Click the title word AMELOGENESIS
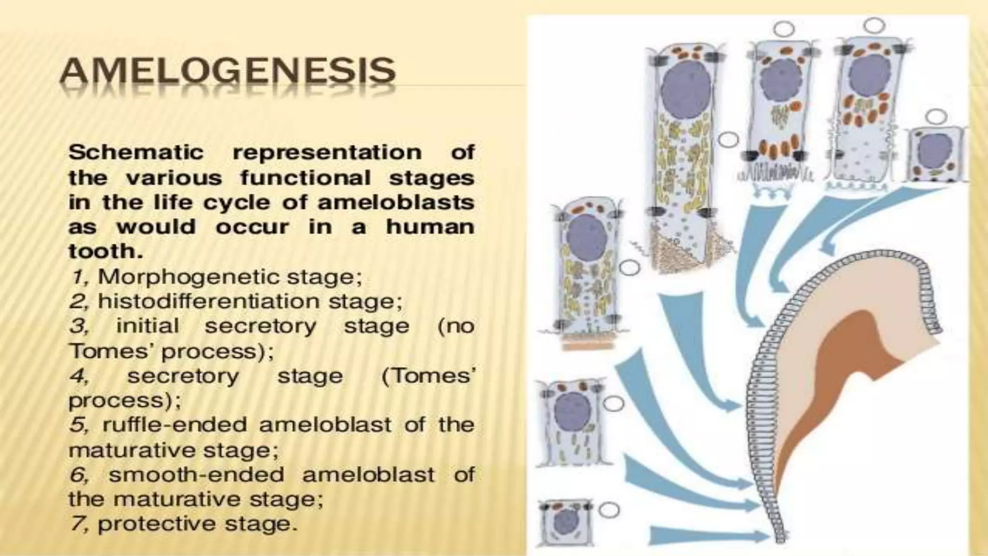(x=227, y=71)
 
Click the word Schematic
(x=137, y=153)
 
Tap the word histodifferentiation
(x=208, y=302)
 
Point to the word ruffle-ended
(x=175, y=425)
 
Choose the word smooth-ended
(x=196, y=475)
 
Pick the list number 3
(x=78, y=326)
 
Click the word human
(x=430, y=227)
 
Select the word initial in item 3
(x=148, y=326)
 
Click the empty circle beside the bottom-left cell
(x=610, y=510)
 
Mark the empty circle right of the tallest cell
(x=729, y=139)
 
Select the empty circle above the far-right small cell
(x=936, y=116)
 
